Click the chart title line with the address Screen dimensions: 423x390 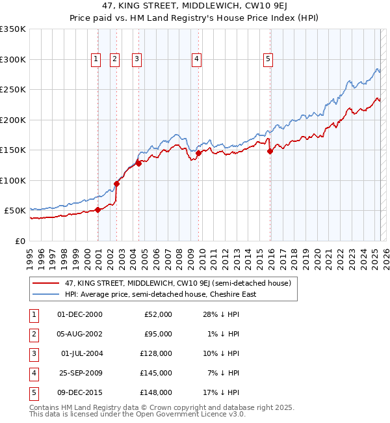point(194,7)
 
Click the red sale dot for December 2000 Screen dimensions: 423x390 point(97,210)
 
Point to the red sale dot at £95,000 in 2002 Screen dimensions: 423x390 point(117,184)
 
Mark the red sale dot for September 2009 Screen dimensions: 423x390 point(198,154)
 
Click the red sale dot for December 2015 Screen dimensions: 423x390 point(270,152)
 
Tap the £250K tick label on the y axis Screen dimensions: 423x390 point(14,90)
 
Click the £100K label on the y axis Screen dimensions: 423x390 point(14,180)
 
